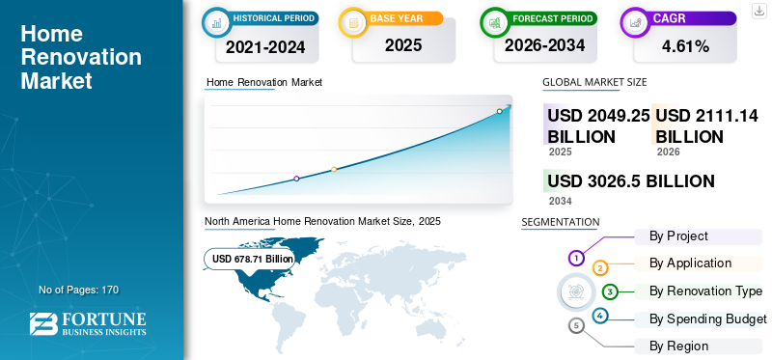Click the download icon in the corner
tap(759, 11)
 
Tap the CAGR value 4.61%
tap(685, 46)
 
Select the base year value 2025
tap(403, 45)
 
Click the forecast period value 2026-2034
tap(544, 45)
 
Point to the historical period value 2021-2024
tap(265, 46)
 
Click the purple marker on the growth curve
tap(296, 179)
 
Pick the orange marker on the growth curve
tap(334, 170)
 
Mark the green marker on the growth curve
tap(499, 111)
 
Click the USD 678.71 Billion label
tap(253, 259)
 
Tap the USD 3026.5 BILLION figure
tap(631, 181)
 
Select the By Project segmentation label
tap(678, 235)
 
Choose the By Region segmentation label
tap(678, 346)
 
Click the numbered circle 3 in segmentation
tap(610, 291)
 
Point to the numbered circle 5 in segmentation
tap(576, 325)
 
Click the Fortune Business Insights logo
tap(88, 324)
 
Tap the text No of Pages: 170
tap(79, 291)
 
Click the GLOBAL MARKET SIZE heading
tap(594, 82)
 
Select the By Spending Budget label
tap(708, 319)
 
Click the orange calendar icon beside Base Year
tap(353, 22)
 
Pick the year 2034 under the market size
tap(561, 201)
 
